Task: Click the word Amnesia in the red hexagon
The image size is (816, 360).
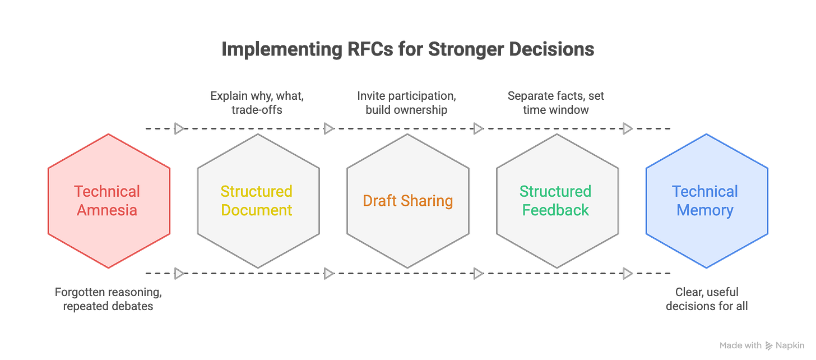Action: tap(107, 210)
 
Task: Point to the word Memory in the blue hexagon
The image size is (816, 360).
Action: tap(705, 210)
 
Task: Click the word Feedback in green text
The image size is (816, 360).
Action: tap(555, 210)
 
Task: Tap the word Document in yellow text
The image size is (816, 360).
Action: tap(257, 210)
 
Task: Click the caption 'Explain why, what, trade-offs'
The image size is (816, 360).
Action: tap(256, 102)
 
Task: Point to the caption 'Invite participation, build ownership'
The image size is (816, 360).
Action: tap(407, 102)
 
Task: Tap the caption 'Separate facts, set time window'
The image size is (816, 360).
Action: tap(555, 102)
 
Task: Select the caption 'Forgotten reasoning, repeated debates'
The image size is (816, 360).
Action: tap(108, 299)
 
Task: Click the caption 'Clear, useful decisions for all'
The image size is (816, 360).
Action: tap(706, 299)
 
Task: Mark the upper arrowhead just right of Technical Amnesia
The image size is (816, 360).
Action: tap(178, 129)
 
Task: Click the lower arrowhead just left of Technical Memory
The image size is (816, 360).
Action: tap(628, 273)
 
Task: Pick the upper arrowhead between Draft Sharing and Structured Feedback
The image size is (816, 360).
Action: tap(477, 129)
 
